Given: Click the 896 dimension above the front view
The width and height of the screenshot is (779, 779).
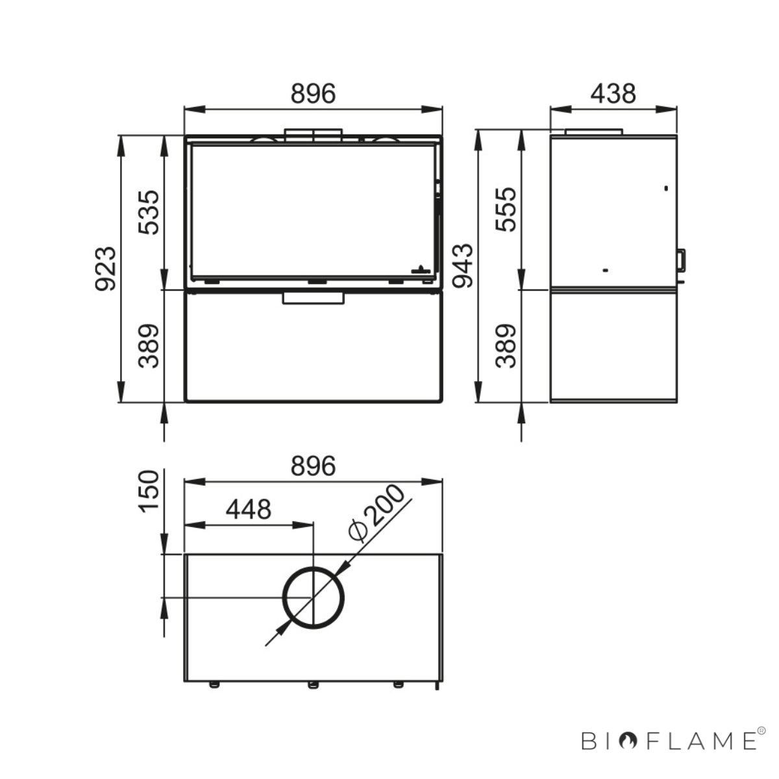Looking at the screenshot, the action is click(x=313, y=93).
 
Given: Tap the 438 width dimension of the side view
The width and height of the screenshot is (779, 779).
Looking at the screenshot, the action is click(x=613, y=93).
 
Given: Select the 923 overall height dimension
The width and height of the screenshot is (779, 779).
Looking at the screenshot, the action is click(x=106, y=268).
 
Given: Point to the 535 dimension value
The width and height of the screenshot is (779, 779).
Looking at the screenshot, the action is click(x=149, y=212).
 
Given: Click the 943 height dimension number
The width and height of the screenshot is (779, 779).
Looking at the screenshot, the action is click(x=462, y=266).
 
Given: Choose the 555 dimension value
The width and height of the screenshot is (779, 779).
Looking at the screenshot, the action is click(x=506, y=210).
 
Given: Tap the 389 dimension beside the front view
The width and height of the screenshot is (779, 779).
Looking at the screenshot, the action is click(x=149, y=345).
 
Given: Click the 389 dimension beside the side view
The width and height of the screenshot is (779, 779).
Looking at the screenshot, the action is click(x=506, y=345).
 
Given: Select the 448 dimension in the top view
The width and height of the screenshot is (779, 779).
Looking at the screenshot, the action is click(x=248, y=510).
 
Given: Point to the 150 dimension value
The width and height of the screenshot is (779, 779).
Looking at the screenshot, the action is click(x=149, y=491).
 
